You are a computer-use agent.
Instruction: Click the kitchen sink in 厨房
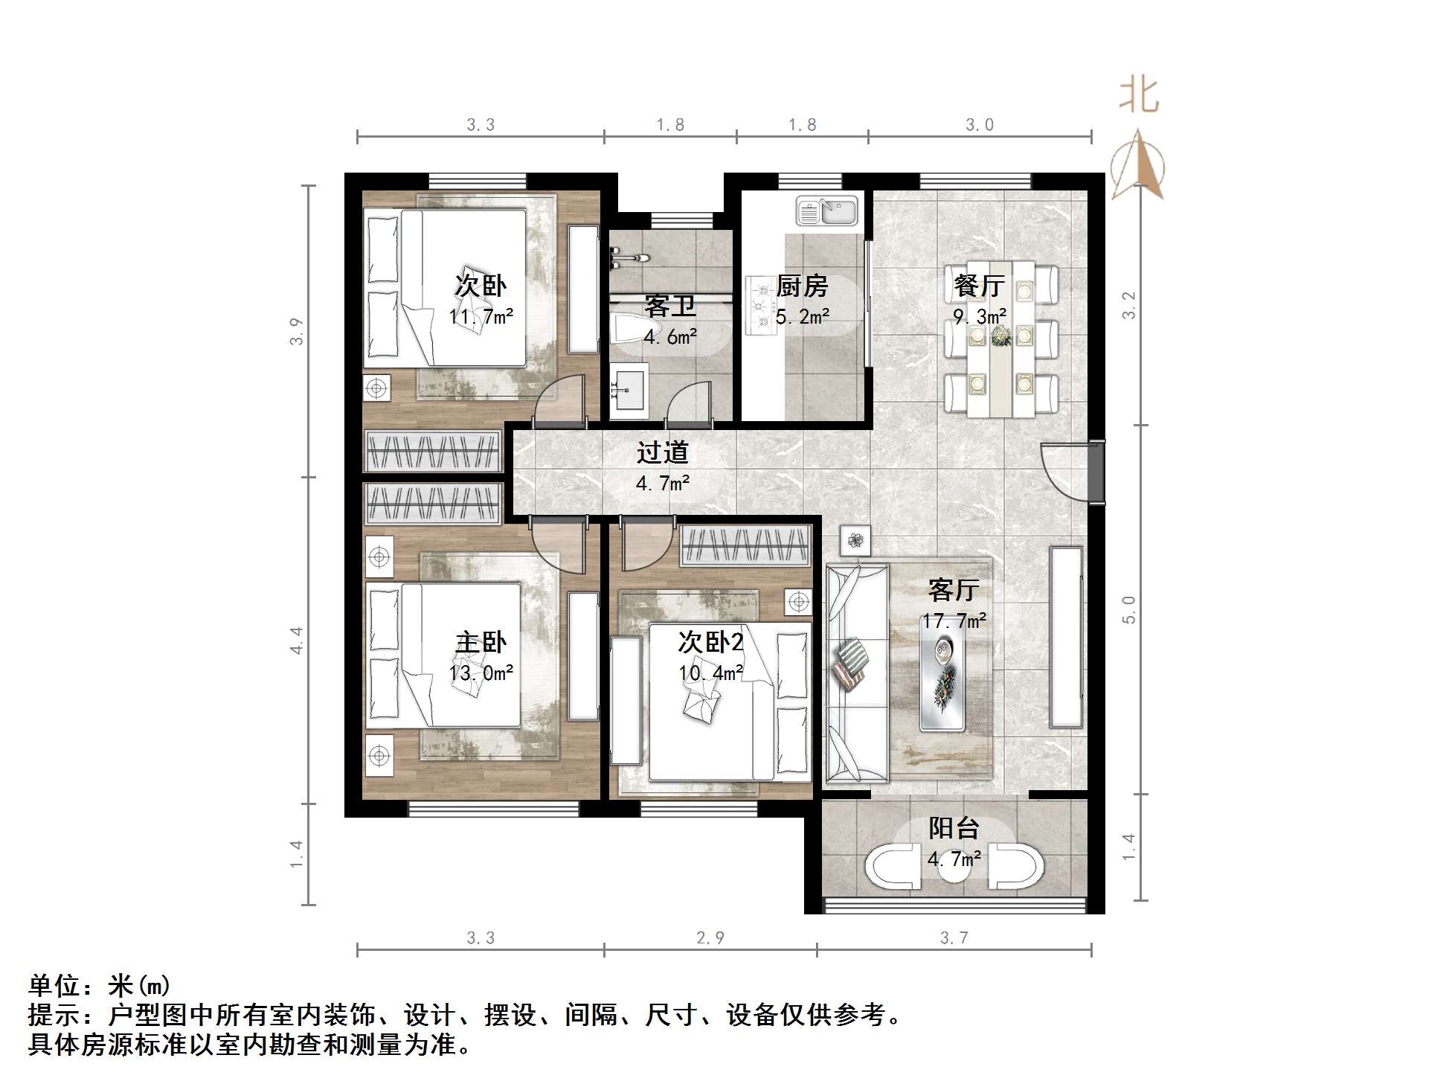coord(827,211)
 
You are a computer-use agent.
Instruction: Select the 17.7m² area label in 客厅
coord(954,621)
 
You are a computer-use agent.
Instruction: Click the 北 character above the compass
coord(1139,95)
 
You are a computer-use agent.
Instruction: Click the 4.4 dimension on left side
coord(297,640)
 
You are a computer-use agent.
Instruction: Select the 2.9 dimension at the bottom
coord(710,937)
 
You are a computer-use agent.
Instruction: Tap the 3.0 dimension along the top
coord(979,124)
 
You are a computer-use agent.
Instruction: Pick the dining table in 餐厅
coord(1000,339)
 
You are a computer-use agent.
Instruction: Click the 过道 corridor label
coord(663,452)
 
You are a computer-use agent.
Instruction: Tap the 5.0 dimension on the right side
coord(1129,609)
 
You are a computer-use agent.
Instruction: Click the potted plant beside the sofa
coord(855,540)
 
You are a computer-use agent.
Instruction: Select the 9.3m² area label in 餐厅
coord(980,317)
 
